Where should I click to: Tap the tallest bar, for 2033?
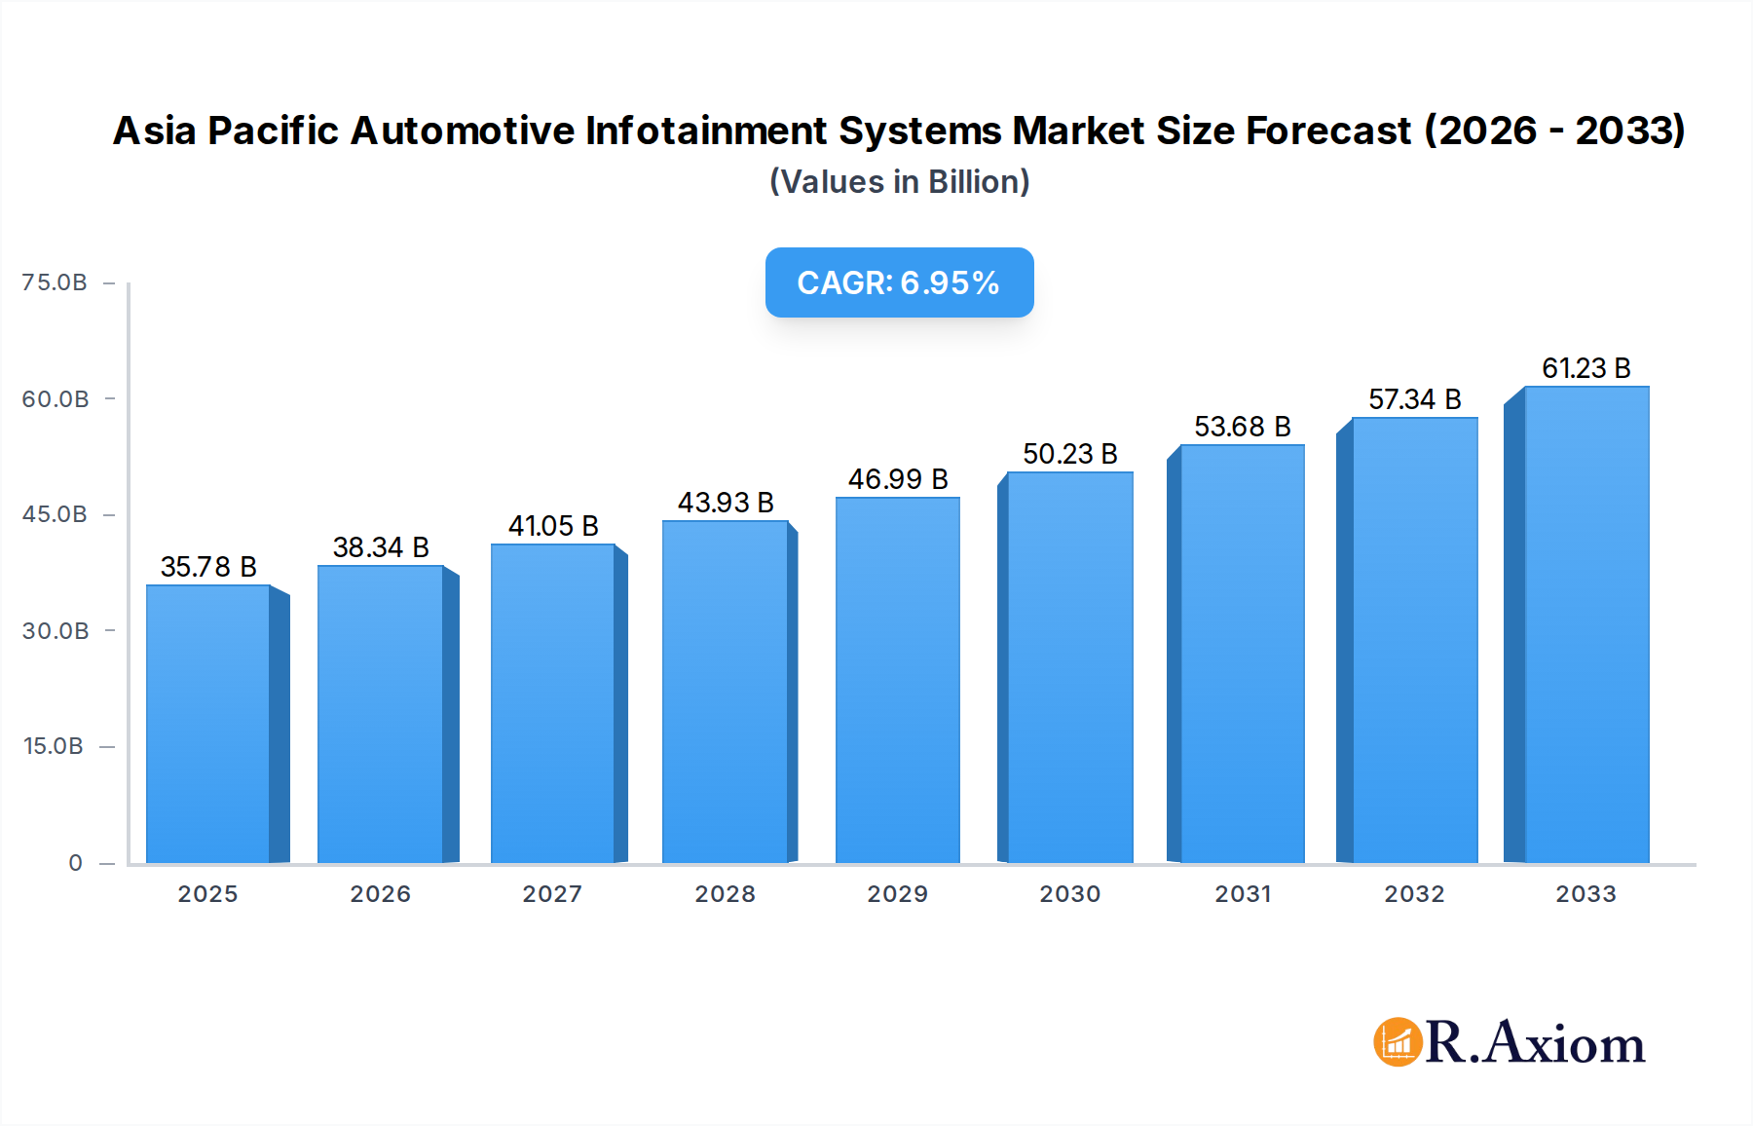[1585, 624]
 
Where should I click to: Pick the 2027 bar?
[552, 703]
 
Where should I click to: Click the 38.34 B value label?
[381, 547]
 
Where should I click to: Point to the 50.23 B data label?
[1069, 454]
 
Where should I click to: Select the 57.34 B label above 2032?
[1414, 399]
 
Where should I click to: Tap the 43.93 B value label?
[726, 503]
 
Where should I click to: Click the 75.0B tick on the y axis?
[55, 282]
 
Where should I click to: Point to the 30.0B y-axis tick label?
[56, 631]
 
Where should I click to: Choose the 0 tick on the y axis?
[76, 863]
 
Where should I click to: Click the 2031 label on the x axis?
[1243, 894]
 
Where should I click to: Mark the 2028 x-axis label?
[726, 894]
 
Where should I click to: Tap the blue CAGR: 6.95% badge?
[899, 282]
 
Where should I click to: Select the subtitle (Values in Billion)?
[899, 182]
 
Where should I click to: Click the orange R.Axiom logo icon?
[1398, 1042]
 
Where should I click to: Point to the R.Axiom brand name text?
[1535, 1043]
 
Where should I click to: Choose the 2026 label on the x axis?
[381, 894]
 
